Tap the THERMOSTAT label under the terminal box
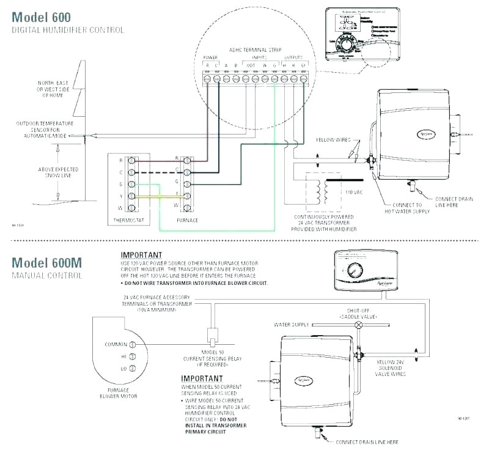pos(128,219)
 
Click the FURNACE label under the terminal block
pos(186,219)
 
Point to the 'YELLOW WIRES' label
pos(333,139)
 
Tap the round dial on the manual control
pos(355,271)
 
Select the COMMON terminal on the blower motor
pos(132,344)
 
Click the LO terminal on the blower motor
pos(132,369)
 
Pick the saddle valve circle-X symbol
pos(359,325)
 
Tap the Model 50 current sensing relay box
pos(214,334)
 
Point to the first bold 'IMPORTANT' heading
pos(141,255)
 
